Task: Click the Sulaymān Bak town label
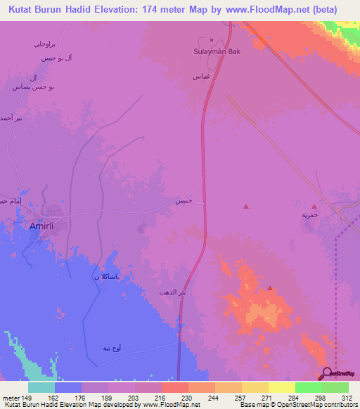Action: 212,51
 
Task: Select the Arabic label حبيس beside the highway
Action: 184,201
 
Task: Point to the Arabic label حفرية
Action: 310,216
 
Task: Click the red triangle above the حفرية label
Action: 314,207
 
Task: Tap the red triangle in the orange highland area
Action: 270,287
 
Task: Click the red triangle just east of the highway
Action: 245,207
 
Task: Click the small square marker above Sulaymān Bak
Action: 211,40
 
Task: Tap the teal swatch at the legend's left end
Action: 41,387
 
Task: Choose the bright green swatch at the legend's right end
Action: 335,387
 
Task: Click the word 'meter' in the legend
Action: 12,397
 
